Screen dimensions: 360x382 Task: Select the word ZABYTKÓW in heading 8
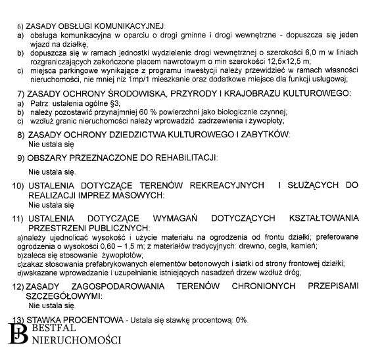click(263, 134)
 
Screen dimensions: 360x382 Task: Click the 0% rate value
click(241, 319)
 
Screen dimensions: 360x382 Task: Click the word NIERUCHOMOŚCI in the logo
click(76, 340)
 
